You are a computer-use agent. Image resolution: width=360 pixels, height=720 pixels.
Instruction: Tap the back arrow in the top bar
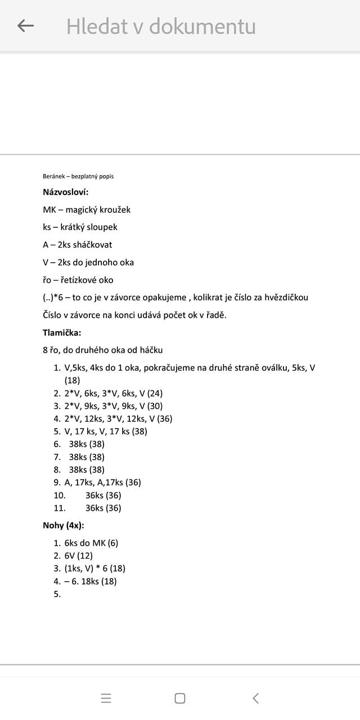tap(26, 26)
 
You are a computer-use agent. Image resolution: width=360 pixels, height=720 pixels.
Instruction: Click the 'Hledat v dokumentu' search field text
tap(161, 26)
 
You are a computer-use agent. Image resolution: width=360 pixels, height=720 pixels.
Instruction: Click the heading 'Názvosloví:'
tap(66, 192)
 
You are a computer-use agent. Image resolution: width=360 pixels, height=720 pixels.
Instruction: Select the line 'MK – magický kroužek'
tap(87, 209)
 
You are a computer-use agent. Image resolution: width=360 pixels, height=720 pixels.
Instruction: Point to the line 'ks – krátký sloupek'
tap(80, 227)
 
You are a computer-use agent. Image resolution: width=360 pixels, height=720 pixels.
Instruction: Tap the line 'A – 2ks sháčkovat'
tap(77, 245)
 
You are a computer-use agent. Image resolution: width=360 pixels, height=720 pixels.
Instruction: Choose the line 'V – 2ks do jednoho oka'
tap(88, 262)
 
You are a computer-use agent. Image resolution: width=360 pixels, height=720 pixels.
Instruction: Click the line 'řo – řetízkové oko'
tap(78, 280)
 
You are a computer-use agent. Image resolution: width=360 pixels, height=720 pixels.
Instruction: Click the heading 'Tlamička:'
tap(62, 332)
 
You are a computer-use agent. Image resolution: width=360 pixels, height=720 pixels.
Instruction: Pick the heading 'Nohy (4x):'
tap(64, 525)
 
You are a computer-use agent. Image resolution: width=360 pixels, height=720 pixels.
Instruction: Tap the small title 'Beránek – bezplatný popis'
tap(78, 176)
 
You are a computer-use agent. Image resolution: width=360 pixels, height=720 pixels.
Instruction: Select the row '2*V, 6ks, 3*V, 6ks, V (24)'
tap(113, 393)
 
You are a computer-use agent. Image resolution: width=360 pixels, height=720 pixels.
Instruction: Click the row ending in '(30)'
tap(113, 406)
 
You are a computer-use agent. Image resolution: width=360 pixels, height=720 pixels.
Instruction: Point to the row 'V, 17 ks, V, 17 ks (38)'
tap(106, 431)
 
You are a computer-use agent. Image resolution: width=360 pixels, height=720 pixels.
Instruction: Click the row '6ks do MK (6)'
tap(91, 543)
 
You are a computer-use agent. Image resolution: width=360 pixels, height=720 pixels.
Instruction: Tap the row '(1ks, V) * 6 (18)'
tap(94, 568)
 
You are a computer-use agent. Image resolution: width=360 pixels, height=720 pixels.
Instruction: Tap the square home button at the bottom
tap(180, 698)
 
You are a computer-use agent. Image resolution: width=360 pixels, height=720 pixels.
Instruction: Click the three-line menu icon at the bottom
tap(106, 698)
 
